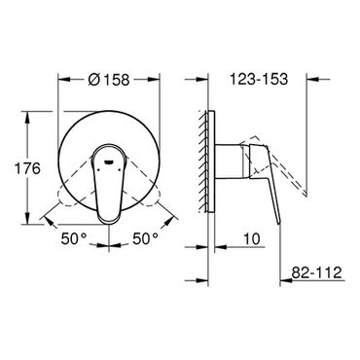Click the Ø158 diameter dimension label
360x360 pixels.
[x=109, y=79]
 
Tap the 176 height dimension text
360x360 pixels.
[x=28, y=168]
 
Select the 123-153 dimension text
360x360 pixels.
[x=259, y=79]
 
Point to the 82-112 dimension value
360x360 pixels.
[x=316, y=272]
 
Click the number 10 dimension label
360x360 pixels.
[x=252, y=239]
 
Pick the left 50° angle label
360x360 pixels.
[x=74, y=239]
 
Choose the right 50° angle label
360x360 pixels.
[x=145, y=239]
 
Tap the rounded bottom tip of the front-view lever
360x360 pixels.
[x=108, y=221]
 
